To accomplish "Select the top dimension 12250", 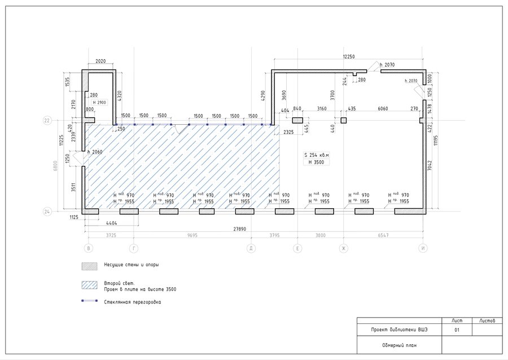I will (352, 56).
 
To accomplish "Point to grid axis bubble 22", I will (47, 120).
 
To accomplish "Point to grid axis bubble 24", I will (47, 212).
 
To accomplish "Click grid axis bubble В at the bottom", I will (87, 248).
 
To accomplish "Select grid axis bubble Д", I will (251, 248).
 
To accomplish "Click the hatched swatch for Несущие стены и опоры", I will (90, 265).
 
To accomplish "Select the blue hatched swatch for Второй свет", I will (90, 285).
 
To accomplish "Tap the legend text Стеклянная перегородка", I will (133, 302).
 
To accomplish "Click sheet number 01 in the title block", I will (457, 331).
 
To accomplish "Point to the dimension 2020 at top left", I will (101, 61).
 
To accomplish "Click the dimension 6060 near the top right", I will (382, 108).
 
